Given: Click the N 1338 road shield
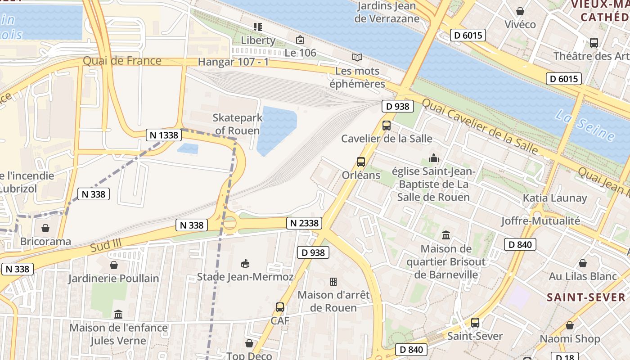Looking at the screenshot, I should [x=163, y=135].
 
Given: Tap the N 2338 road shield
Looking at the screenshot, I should [x=304, y=223].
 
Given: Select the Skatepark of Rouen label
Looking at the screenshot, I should [x=237, y=124].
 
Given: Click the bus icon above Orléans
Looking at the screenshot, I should [x=360, y=162].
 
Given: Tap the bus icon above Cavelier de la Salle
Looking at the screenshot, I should [x=387, y=126].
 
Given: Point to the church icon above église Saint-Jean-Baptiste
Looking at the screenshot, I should [x=434, y=158].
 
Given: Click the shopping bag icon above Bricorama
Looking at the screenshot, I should [x=45, y=228].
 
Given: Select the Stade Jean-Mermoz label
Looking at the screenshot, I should [x=245, y=277].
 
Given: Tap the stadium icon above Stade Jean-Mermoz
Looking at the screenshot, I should [x=245, y=264].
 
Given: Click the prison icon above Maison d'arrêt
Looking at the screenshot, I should [x=333, y=282].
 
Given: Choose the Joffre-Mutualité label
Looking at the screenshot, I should [x=540, y=220].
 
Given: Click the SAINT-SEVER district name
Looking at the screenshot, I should [x=586, y=297].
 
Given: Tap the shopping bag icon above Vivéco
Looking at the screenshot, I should [x=520, y=11].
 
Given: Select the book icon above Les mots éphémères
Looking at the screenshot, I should [x=357, y=58].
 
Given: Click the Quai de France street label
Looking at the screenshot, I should [x=122, y=61].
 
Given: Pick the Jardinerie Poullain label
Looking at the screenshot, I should [x=113, y=279].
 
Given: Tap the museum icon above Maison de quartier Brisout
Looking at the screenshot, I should [x=446, y=235].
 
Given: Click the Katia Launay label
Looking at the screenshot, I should [x=555, y=198].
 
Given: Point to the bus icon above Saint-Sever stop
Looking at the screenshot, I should [x=475, y=323].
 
